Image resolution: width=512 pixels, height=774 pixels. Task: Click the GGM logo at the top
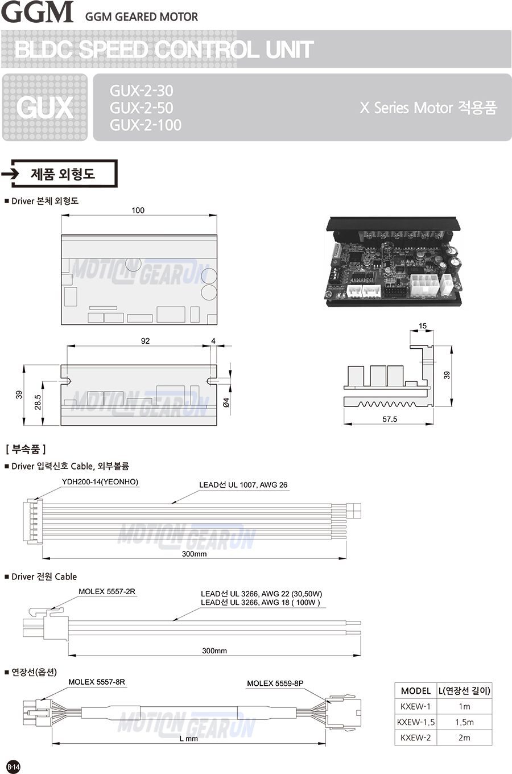point(37,12)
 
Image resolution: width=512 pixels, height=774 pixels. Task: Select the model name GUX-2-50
point(141,108)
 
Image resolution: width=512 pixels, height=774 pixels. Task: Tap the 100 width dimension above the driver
point(138,210)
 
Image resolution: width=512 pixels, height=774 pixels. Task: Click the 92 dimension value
point(145,341)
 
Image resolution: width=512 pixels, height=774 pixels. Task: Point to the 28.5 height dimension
point(38,402)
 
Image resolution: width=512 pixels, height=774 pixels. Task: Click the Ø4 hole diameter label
point(226,402)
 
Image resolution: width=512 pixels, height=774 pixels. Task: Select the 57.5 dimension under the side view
point(390,419)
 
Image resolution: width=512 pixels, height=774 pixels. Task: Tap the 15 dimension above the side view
point(423,326)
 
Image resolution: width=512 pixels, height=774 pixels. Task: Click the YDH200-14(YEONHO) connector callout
point(100,481)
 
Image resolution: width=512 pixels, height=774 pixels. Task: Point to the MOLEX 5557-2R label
point(107,591)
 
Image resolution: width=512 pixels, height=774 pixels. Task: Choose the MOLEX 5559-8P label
point(275,683)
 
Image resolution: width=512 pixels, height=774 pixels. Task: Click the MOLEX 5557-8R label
point(97,682)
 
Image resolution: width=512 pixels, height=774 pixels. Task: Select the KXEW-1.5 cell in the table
point(416,722)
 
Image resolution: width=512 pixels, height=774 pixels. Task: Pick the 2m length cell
point(464,738)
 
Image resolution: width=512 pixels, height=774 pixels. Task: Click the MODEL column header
point(416,691)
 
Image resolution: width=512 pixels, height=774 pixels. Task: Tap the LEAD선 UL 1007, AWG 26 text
point(243,485)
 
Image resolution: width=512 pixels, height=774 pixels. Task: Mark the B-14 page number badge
point(13,767)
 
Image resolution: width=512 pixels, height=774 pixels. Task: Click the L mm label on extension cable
point(189,738)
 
